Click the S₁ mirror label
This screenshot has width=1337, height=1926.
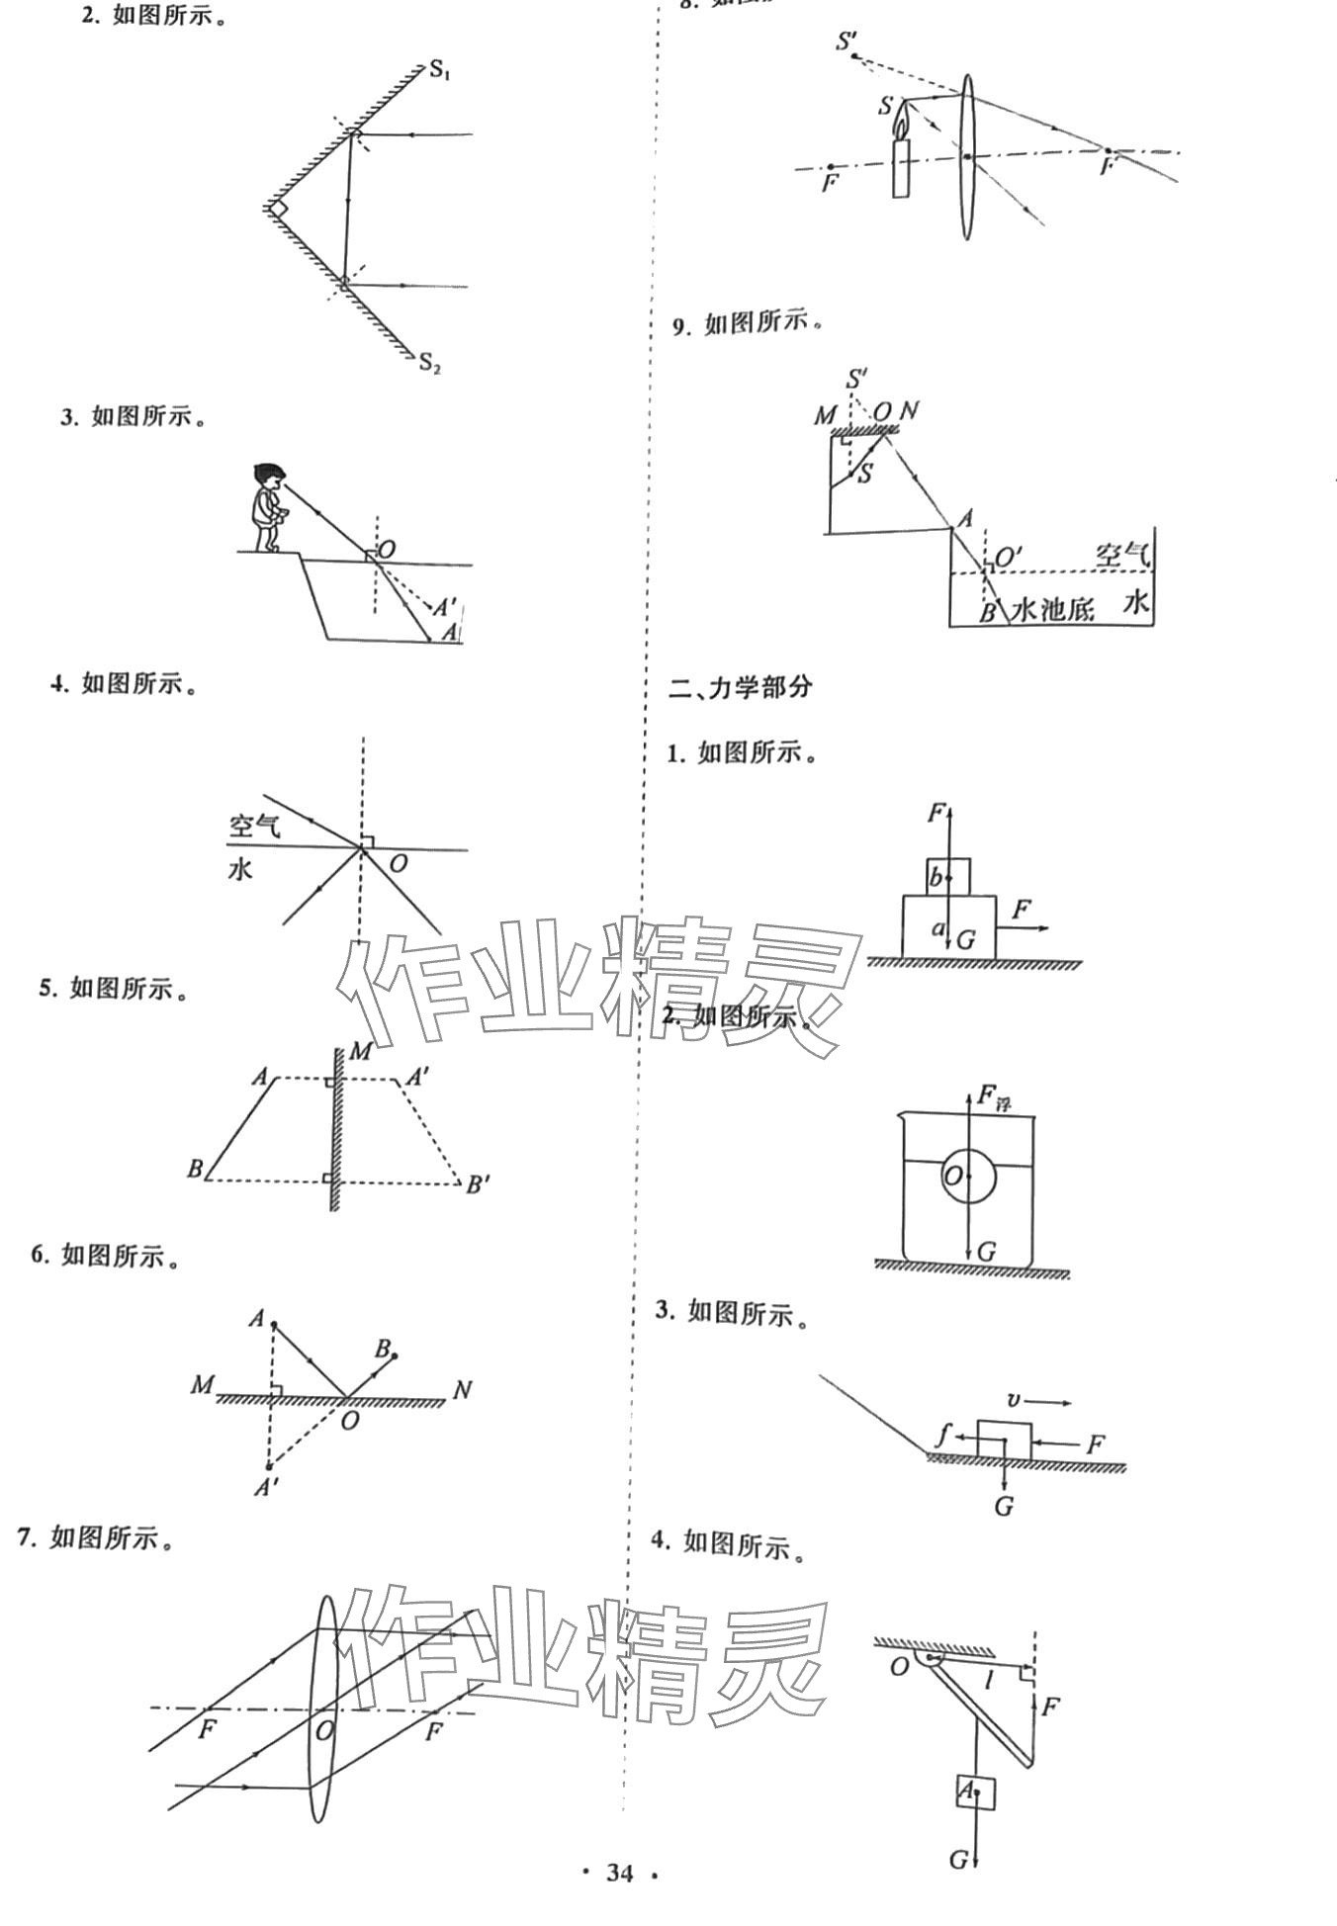[439, 70]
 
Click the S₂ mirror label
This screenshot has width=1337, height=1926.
[429, 362]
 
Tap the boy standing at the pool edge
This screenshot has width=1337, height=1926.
[267, 504]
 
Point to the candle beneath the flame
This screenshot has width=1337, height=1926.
[901, 168]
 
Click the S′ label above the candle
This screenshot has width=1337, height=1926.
[847, 43]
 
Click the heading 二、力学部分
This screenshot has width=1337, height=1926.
[740, 687]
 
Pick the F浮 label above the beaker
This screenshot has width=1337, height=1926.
[993, 1096]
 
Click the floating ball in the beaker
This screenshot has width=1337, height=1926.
[970, 1176]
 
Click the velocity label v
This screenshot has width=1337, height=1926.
[1013, 1400]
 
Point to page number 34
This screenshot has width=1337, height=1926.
[619, 1872]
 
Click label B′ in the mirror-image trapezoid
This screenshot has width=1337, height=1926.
[479, 1183]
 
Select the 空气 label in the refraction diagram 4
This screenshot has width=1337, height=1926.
[254, 826]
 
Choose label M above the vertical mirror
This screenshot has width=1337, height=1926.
[360, 1050]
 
